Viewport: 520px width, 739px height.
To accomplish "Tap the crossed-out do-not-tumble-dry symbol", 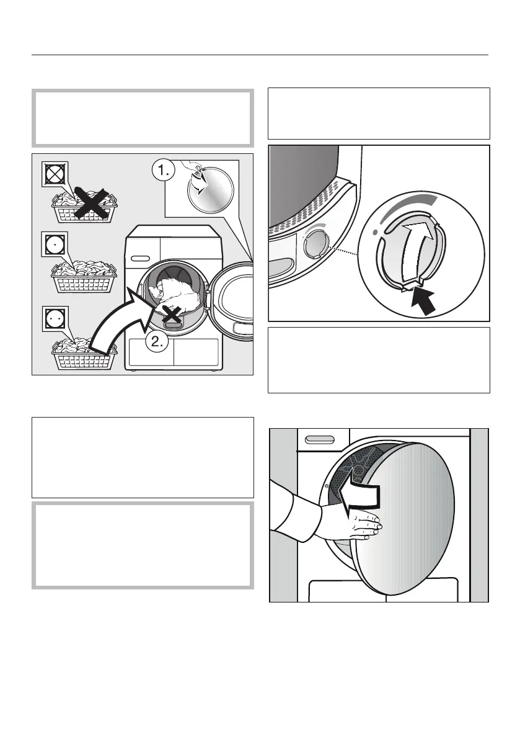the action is pyautogui.click(x=53, y=175).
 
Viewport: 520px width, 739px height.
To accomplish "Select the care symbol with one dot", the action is pyautogui.click(x=53, y=244).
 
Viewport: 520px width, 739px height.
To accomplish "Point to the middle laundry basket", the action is pyautogui.click(x=84, y=277).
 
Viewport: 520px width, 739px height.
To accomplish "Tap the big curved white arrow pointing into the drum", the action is pyautogui.click(x=118, y=323).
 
